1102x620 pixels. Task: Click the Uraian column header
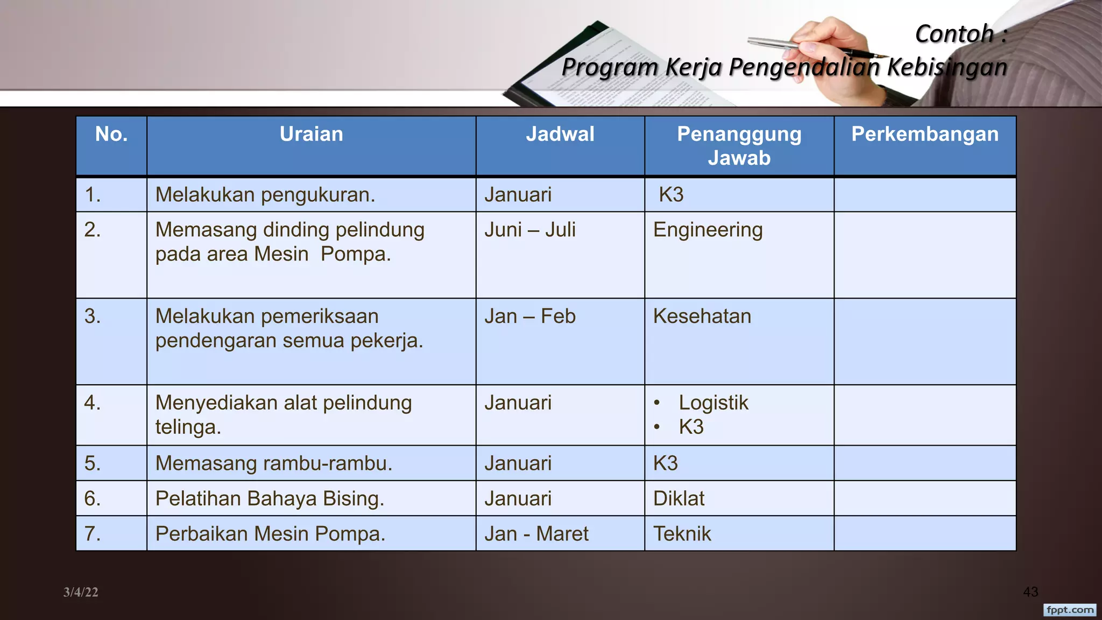(311, 134)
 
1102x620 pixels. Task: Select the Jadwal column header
(560, 134)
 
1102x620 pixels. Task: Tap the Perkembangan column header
(924, 134)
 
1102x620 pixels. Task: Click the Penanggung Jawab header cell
(739, 146)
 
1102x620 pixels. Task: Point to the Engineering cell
(708, 230)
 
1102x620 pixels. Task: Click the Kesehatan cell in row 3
(702, 316)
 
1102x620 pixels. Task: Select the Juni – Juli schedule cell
(529, 230)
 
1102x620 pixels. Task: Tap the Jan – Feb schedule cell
(529, 316)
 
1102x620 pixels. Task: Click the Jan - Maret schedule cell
(536, 534)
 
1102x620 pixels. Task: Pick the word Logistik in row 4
(713, 403)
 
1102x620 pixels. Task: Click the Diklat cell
(679, 498)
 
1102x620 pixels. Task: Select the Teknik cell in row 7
(682, 534)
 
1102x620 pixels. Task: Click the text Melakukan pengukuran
(265, 195)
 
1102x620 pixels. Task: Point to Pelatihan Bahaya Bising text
(270, 498)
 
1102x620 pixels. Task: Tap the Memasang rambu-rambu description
(273, 463)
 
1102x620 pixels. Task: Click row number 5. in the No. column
(93, 463)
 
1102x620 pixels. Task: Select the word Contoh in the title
(954, 34)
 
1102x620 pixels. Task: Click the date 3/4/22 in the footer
(81, 593)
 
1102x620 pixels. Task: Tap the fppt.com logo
(1070, 610)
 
